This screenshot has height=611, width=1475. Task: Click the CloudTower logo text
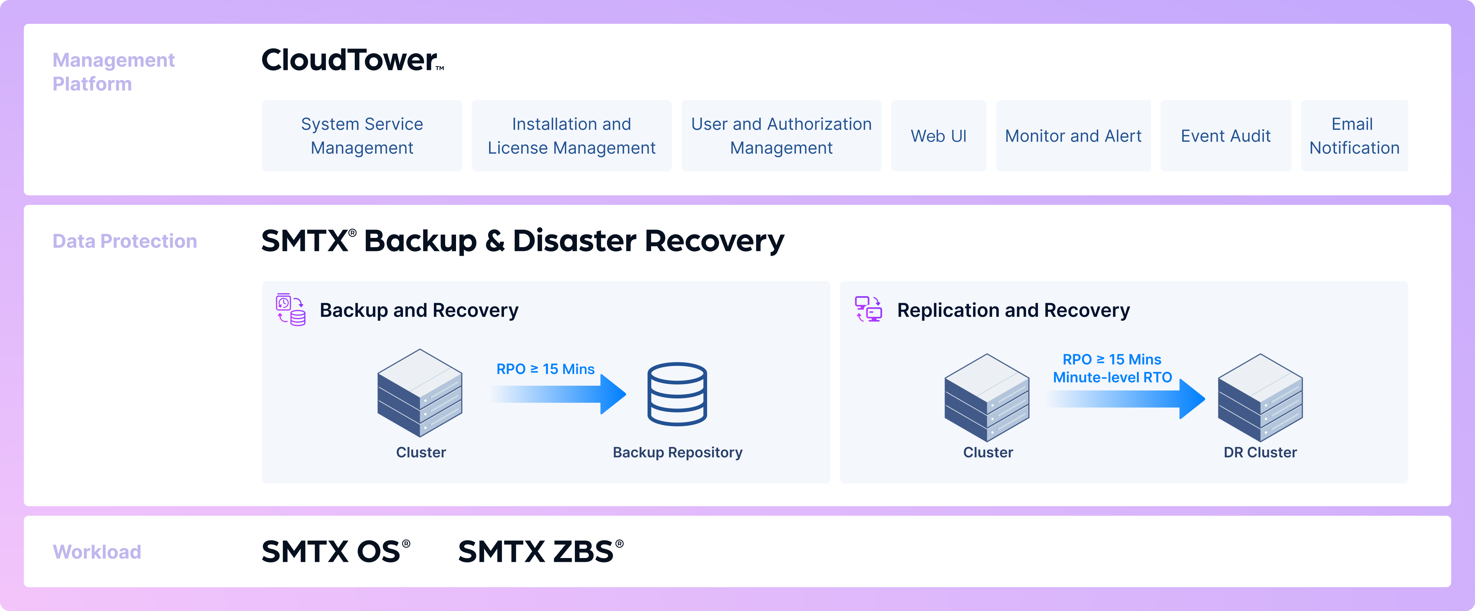point(352,60)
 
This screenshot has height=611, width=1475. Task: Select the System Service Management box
point(362,136)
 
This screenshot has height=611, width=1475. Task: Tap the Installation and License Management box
point(572,136)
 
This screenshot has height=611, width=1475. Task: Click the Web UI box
point(939,136)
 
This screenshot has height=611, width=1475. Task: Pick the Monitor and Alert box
point(1073,136)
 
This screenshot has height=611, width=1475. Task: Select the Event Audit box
point(1225,136)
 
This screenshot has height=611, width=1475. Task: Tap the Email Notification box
point(1354,136)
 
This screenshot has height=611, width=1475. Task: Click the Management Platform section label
point(113,71)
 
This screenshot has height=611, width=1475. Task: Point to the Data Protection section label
point(125,241)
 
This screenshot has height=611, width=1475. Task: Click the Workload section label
point(97,551)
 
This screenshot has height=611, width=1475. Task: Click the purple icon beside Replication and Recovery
point(868,309)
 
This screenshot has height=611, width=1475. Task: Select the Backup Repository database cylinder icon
point(677,394)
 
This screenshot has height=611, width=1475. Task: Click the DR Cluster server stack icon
point(1260,398)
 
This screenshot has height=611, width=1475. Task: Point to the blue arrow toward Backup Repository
point(558,394)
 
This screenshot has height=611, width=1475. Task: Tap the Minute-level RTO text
point(1112,377)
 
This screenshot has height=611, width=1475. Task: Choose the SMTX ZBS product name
point(541,551)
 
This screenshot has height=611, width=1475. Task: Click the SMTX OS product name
point(336,551)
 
